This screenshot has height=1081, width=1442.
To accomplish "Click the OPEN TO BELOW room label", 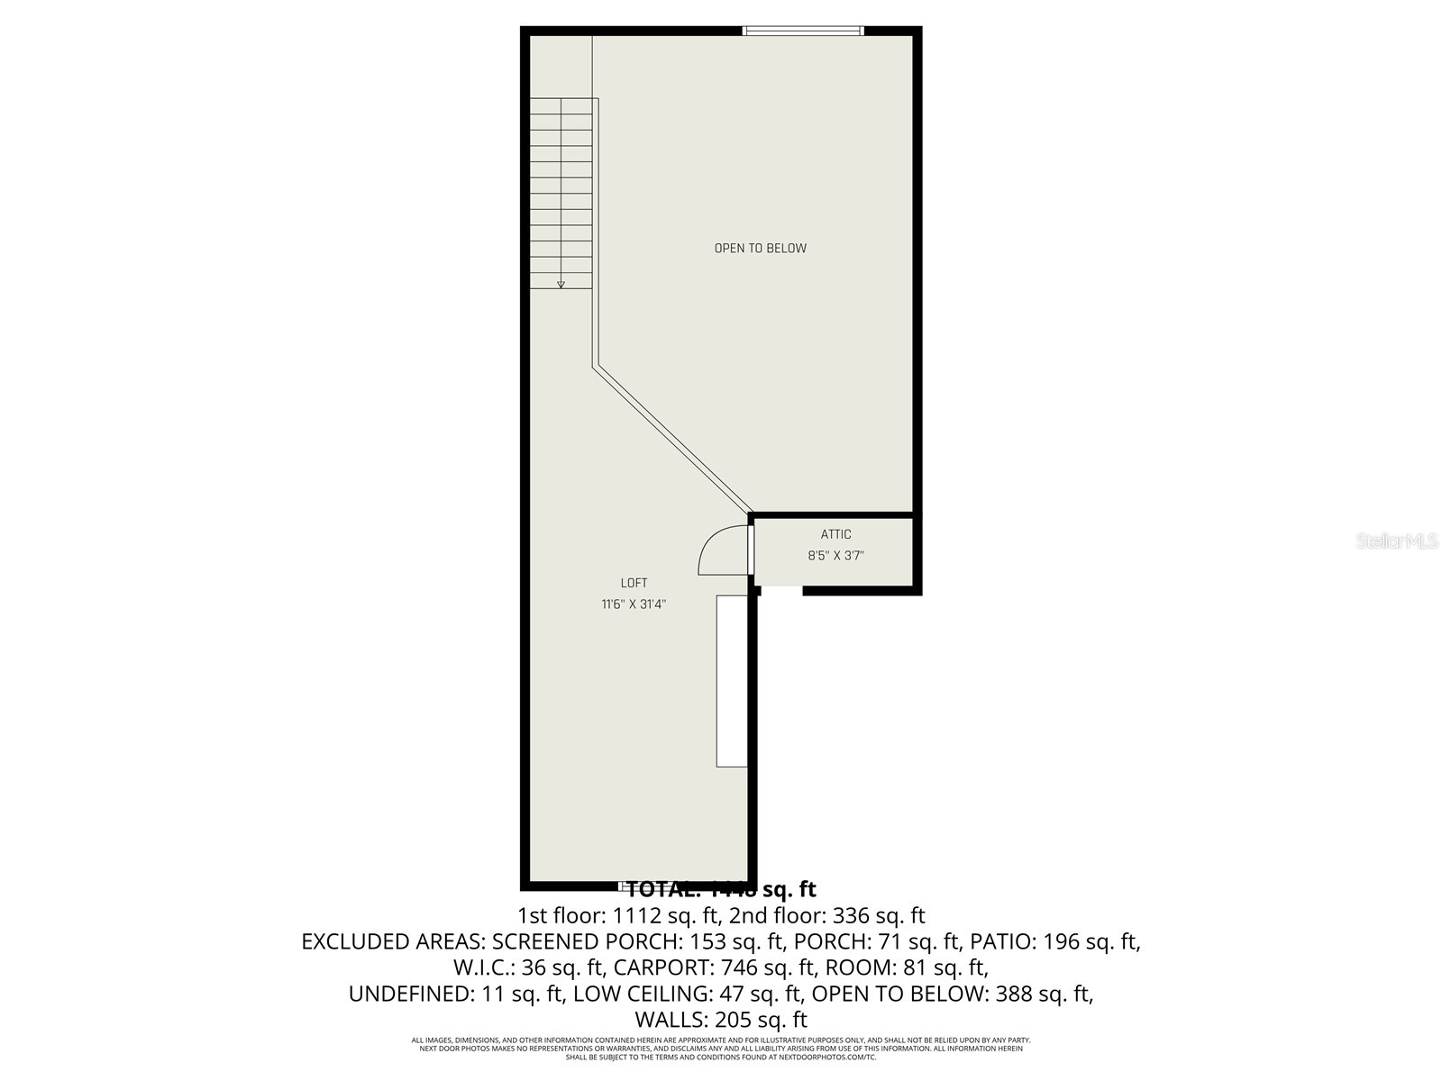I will tap(760, 249).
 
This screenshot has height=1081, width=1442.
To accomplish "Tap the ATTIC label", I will tap(835, 534).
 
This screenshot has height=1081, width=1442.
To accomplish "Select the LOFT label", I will tap(634, 583).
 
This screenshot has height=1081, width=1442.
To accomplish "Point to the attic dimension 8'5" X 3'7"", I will tap(835, 556).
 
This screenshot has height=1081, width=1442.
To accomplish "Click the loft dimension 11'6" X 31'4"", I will tap(634, 604).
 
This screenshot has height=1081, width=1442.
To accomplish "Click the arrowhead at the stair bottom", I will tap(561, 284).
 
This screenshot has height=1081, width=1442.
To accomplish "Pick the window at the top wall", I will tap(802, 32).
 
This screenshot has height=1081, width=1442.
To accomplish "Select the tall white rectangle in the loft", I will tap(732, 680).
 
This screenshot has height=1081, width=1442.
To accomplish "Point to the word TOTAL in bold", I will tap(662, 890).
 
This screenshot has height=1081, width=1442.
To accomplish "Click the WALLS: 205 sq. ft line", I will tap(721, 1021).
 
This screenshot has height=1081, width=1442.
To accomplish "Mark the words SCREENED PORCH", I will tap(583, 942).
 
